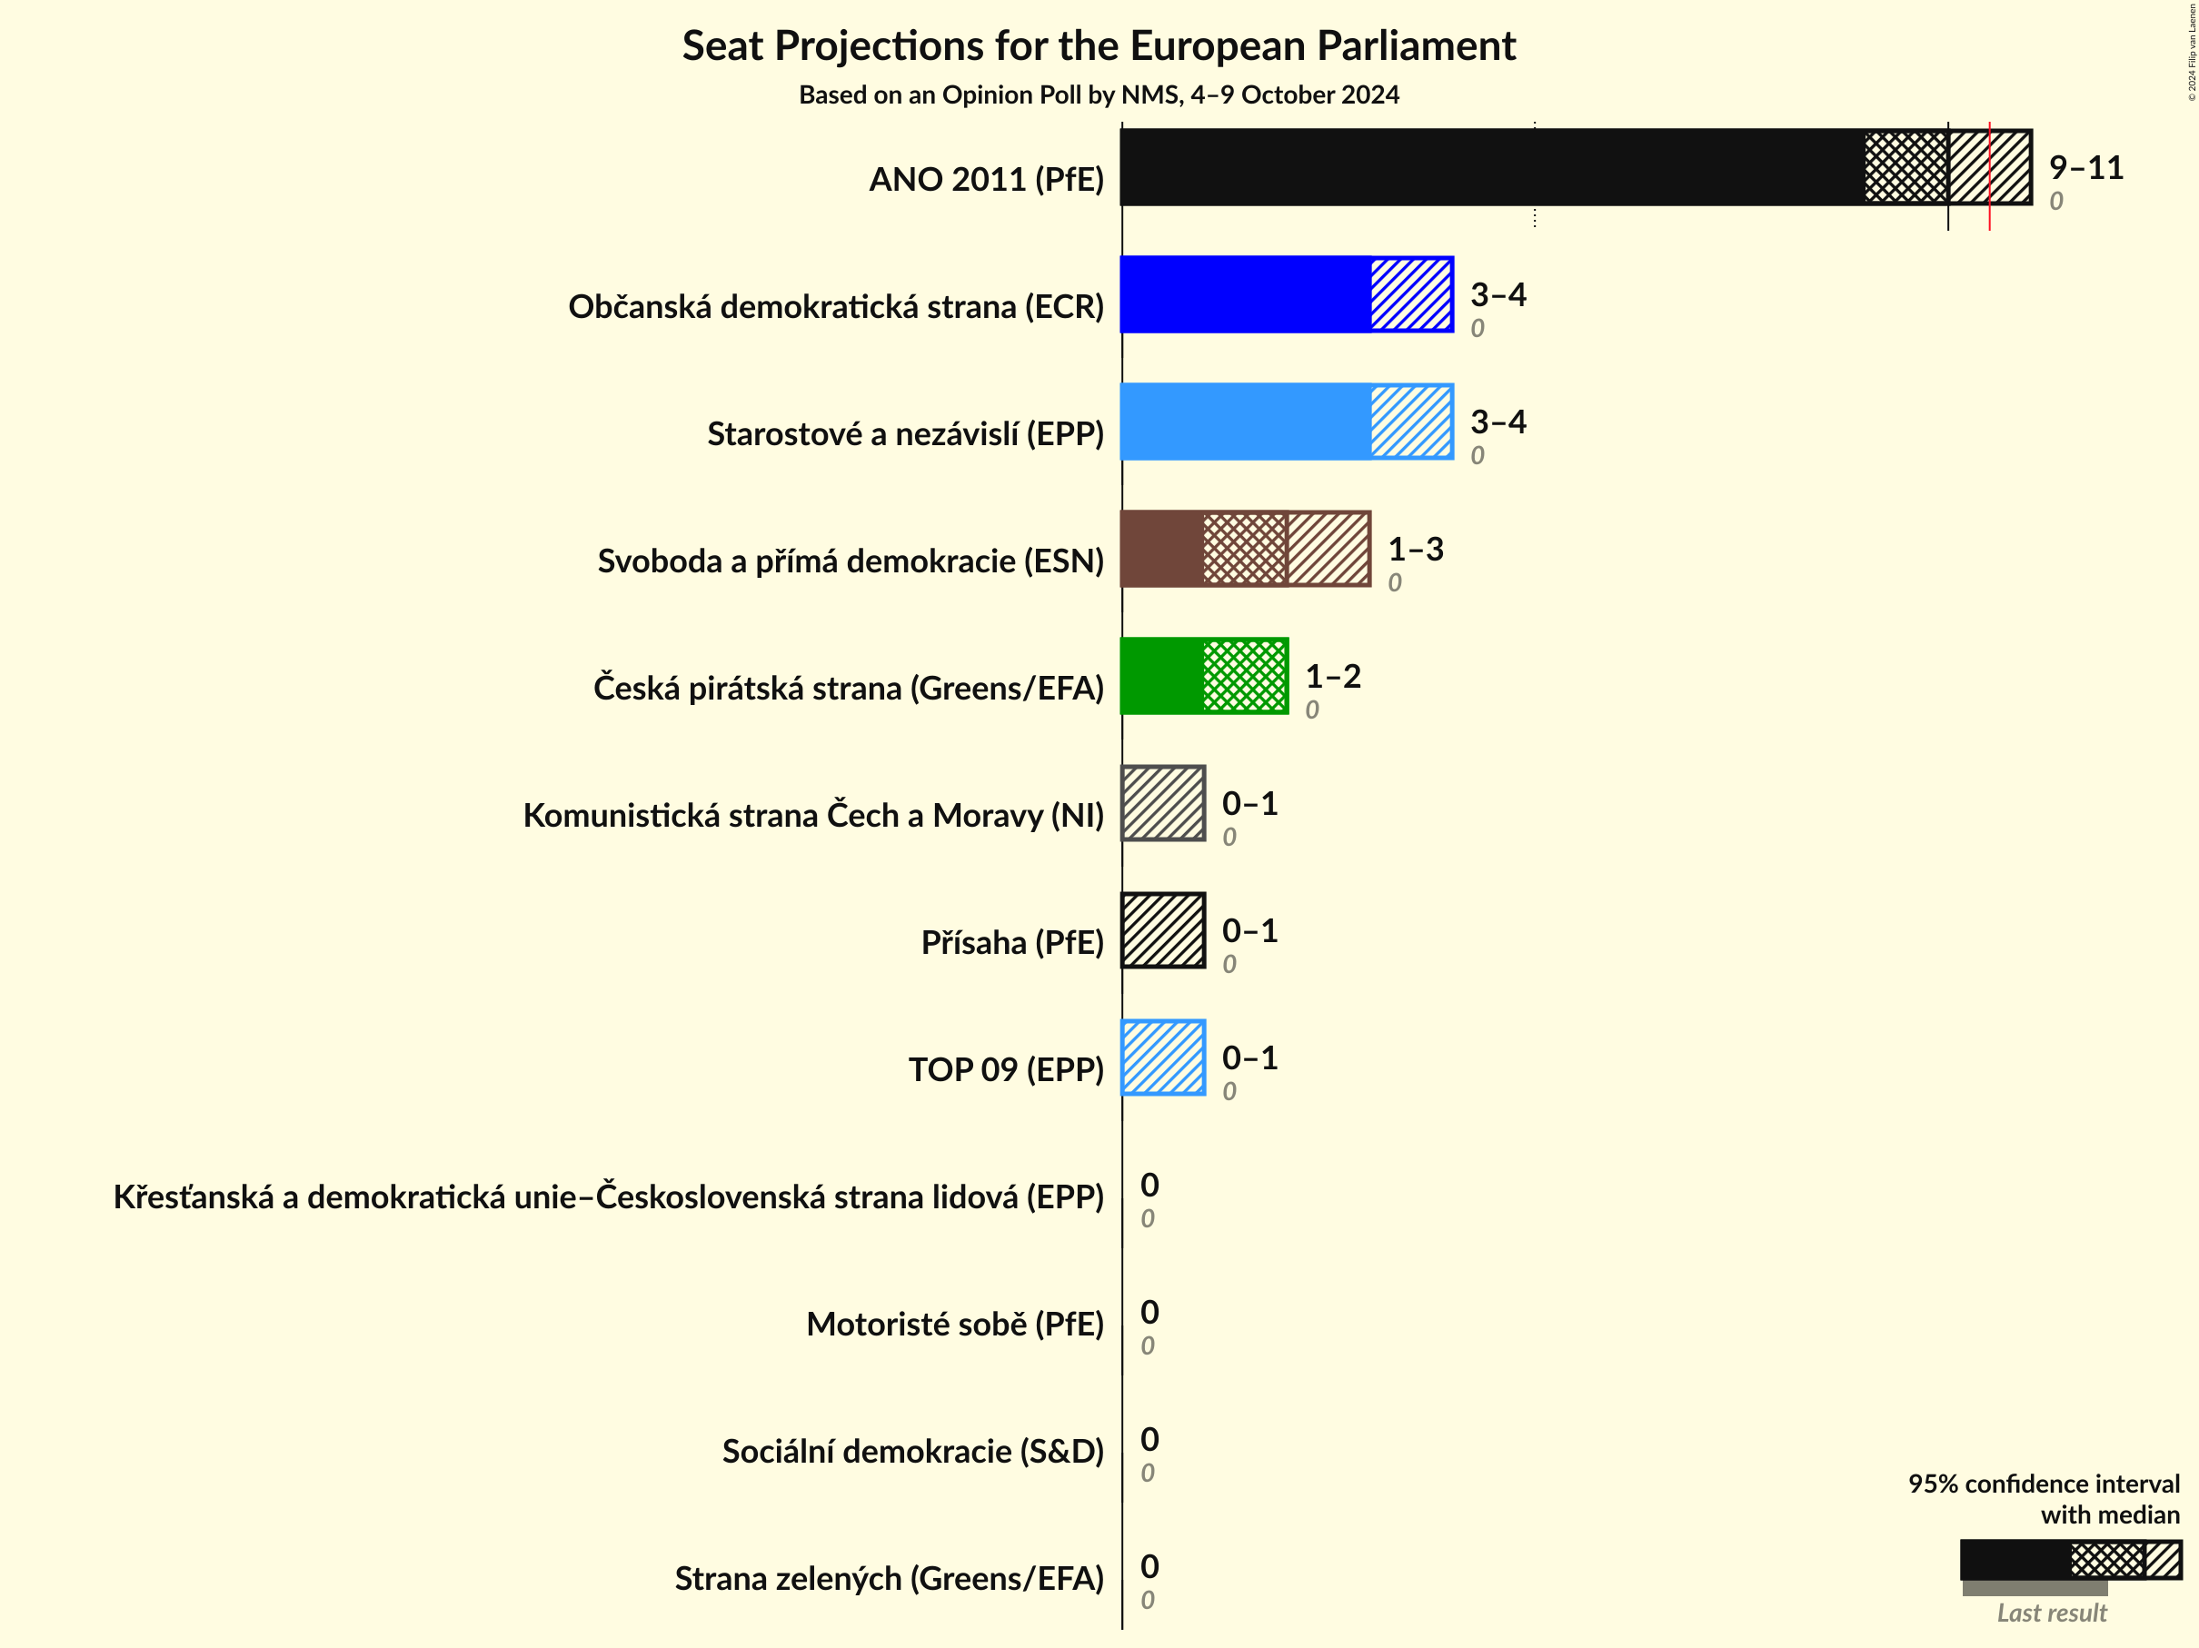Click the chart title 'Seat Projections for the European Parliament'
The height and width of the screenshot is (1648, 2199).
[1099, 45]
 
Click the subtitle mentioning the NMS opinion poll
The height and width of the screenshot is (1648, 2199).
[1099, 94]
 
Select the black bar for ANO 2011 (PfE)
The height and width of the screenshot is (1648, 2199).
[1491, 167]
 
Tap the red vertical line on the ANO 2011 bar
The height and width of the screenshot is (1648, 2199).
[1989, 174]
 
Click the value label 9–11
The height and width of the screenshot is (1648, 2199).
[2085, 167]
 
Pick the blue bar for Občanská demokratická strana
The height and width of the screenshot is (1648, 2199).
[1286, 294]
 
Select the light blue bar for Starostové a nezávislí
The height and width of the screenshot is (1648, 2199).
[1286, 422]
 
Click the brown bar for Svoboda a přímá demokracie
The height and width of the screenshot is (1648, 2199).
[1245, 549]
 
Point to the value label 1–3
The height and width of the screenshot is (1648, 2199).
[1415, 549]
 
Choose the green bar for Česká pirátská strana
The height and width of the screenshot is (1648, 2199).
[1204, 676]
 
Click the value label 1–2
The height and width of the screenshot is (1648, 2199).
[1332, 676]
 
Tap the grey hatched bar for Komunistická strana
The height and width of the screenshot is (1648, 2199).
[1163, 803]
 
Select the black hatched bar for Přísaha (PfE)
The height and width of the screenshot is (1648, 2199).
[1163, 930]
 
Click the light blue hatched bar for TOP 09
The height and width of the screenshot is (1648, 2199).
[1163, 1057]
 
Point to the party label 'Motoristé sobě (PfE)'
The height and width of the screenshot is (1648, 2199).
[954, 1324]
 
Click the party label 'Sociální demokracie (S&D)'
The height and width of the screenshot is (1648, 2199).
[912, 1451]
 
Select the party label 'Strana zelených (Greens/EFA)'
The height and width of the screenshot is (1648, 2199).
[889, 1578]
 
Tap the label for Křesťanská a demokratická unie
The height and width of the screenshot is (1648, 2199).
[609, 1196]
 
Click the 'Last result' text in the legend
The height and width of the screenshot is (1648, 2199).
[2051, 1613]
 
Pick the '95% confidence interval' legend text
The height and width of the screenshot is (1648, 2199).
[2043, 1483]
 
